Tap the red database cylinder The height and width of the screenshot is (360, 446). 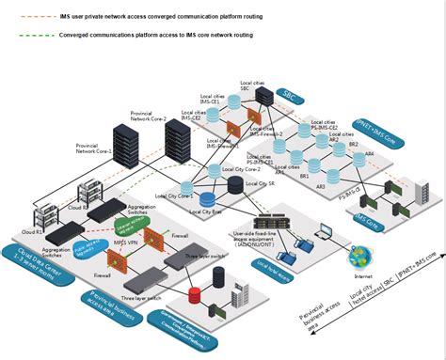(x=198, y=269)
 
